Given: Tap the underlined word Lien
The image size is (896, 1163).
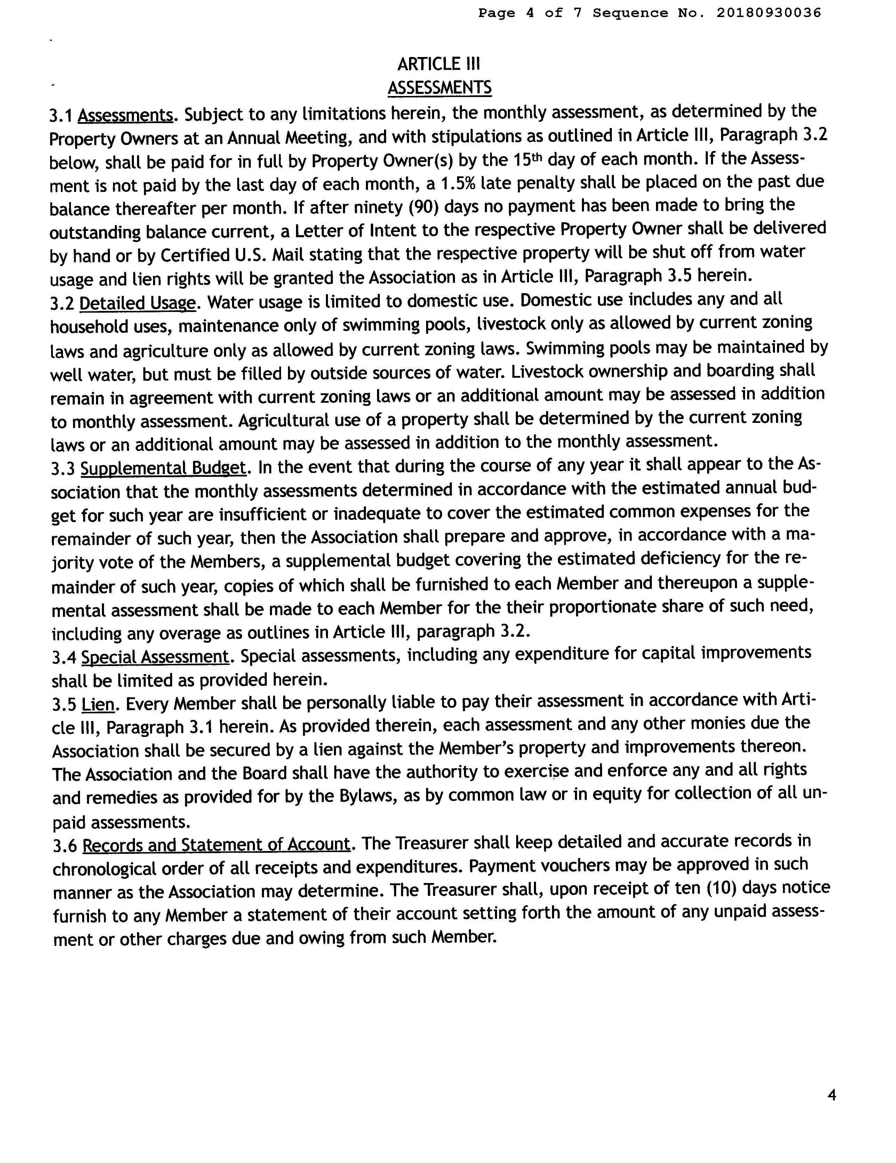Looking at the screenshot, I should (98, 705).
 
